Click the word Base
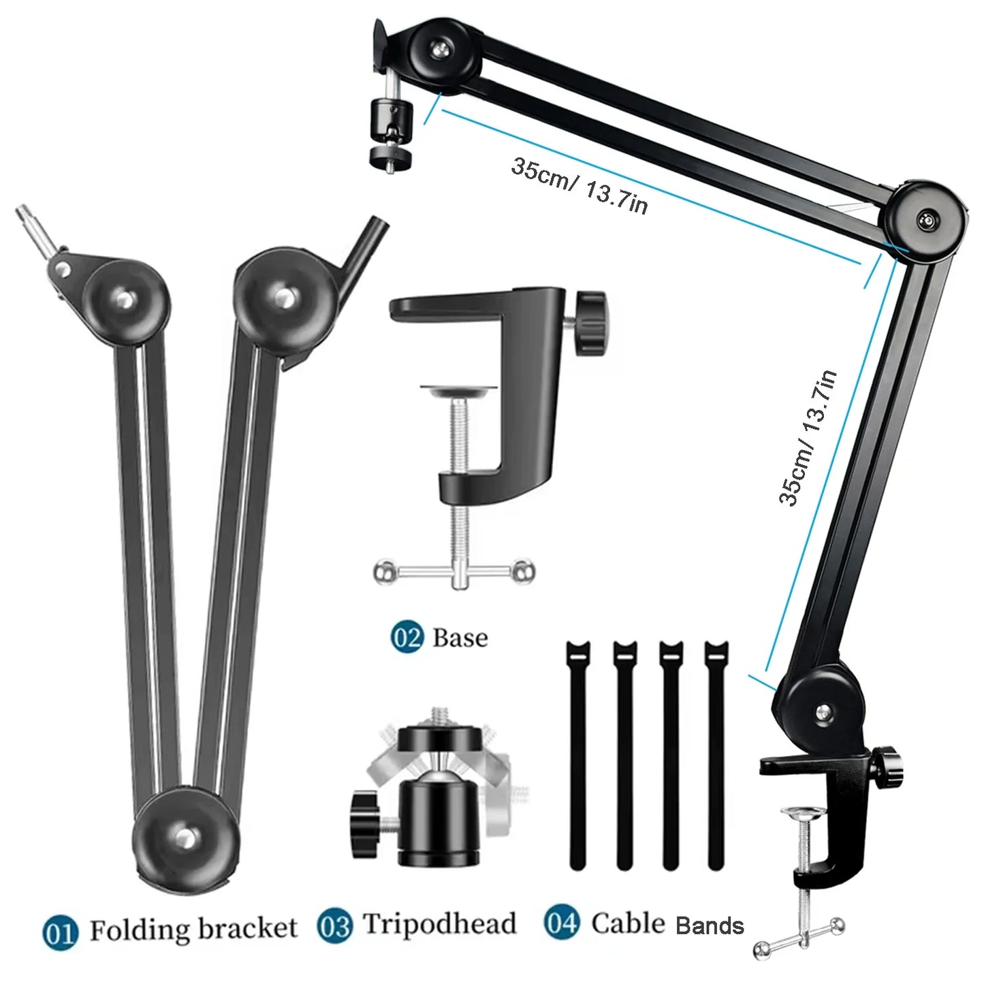pos(460,638)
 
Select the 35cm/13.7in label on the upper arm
pos(580,187)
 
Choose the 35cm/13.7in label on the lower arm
pos(807,438)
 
